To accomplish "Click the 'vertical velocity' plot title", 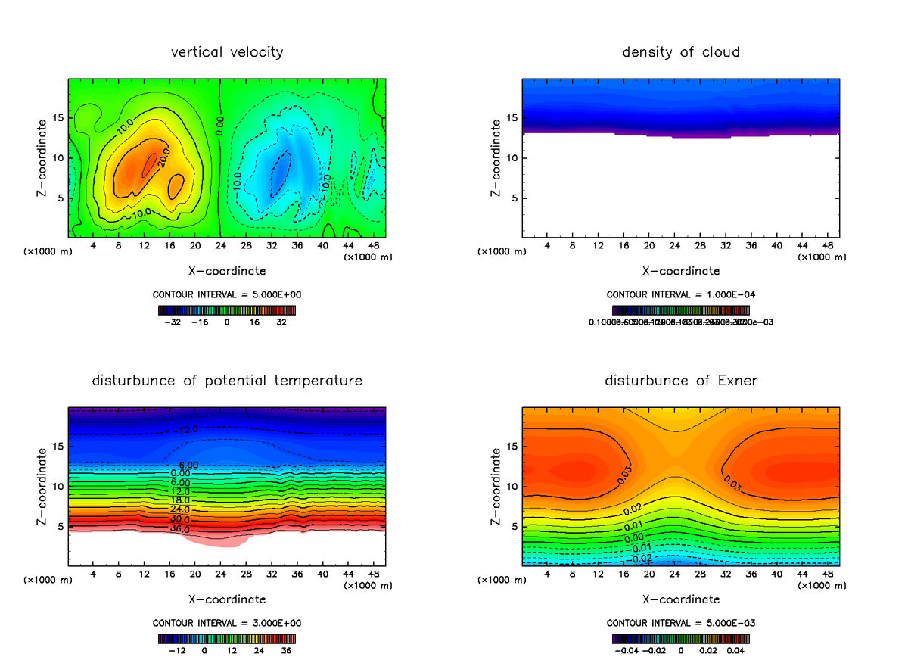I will pyautogui.click(x=227, y=52).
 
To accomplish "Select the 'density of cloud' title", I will pyautogui.click(x=680, y=52).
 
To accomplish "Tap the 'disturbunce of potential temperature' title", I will pyautogui.click(x=227, y=381).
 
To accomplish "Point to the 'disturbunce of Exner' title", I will pyautogui.click(x=680, y=381).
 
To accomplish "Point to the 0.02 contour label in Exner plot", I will pyautogui.click(x=633, y=509).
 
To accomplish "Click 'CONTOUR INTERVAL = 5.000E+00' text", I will pyautogui.click(x=226, y=294).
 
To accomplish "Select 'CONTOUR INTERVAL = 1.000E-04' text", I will pyautogui.click(x=680, y=294).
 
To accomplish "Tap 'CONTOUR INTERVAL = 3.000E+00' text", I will pyautogui.click(x=226, y=623).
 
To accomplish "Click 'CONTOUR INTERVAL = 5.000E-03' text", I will pyautogui.click(x=680, y=623).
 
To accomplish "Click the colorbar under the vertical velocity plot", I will pyautogui.click(x=226, y=310).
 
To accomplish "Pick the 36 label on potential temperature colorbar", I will pyautogui.click(x=285, y=650).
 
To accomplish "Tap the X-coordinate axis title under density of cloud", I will pyautogui.click(x=680, y=271).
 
